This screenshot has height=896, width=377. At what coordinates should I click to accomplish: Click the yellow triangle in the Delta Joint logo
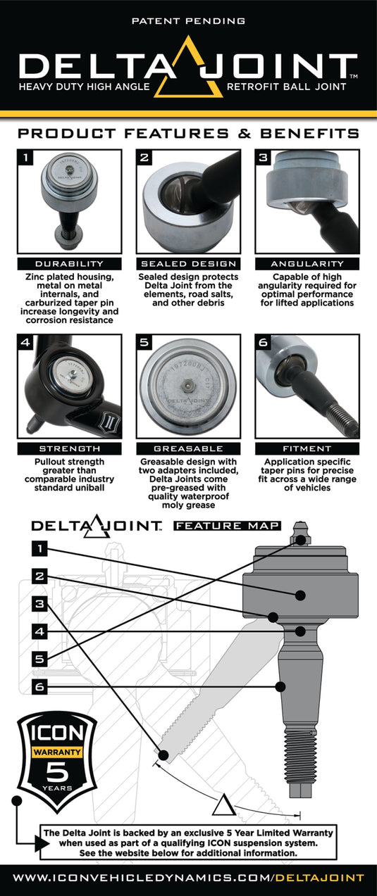(188, 67)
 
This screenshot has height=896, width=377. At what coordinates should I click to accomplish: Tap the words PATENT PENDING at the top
(188, 21)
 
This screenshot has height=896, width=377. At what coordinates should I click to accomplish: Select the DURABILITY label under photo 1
(69, 263)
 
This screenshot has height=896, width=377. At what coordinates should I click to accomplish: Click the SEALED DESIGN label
(188, 263)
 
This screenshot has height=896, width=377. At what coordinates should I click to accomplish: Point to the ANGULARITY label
(307, 263)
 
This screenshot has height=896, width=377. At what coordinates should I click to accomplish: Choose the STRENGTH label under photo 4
(69, 448)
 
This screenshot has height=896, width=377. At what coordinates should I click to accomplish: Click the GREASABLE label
(188, 448)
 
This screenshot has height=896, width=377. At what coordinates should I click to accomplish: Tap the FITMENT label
(307, 448)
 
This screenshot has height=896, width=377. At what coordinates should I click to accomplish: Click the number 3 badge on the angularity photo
(264, 158)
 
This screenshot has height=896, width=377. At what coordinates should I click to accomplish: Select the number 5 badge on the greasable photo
(144, 343)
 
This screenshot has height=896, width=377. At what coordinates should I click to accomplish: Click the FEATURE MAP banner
(228, 525)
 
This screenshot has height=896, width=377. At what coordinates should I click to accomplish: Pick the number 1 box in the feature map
(41, 548)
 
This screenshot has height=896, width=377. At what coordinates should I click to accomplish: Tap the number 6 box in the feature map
(41, 686)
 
